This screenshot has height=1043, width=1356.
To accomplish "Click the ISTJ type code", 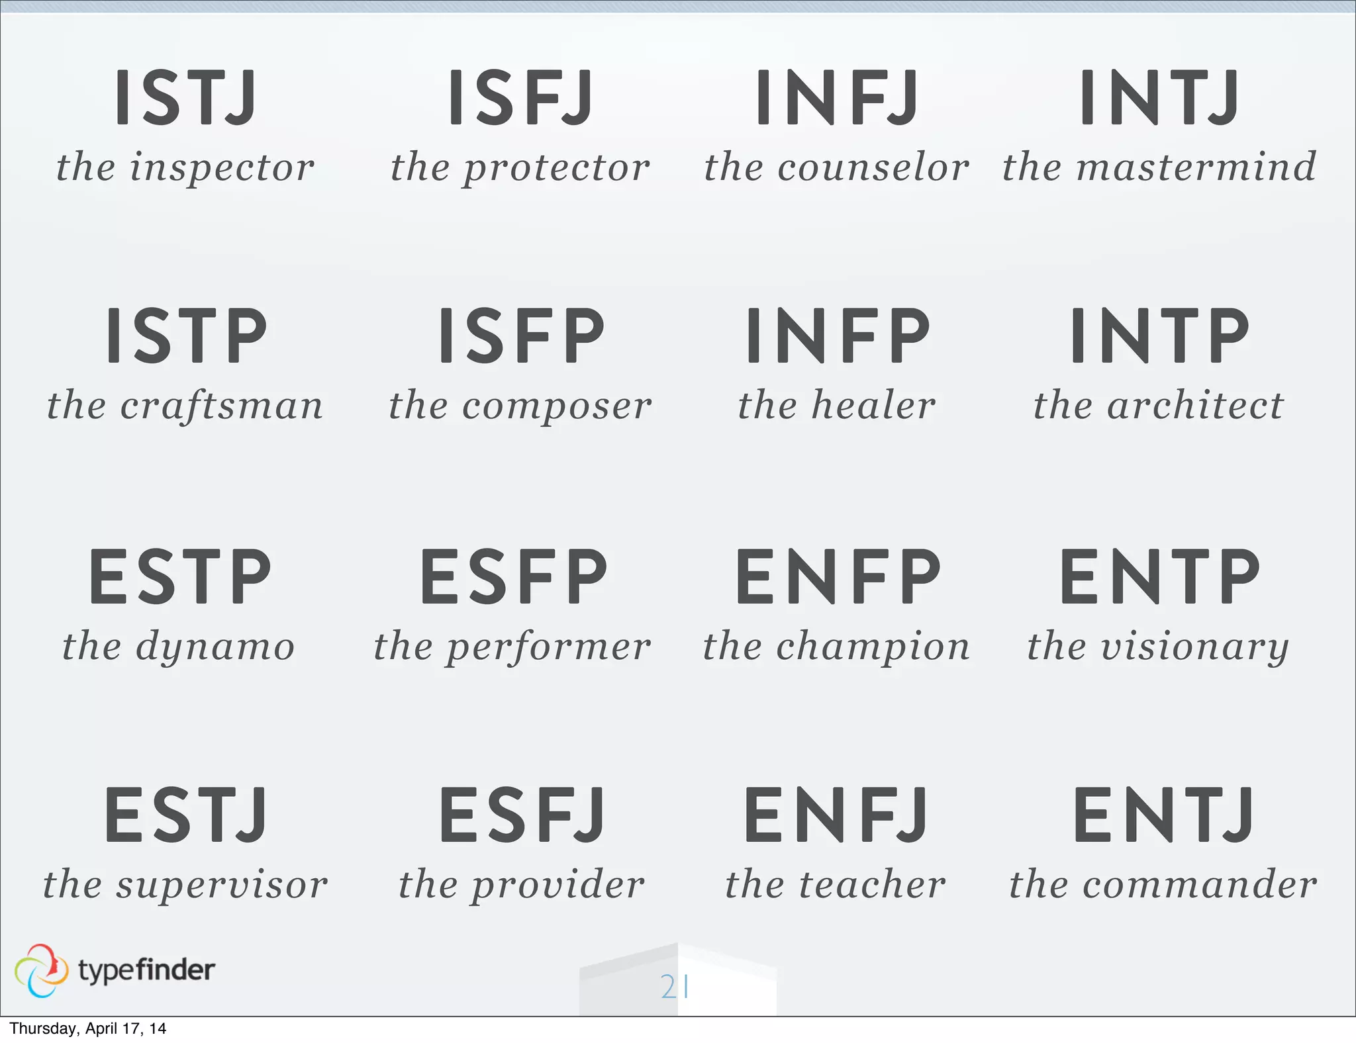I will (185, 97).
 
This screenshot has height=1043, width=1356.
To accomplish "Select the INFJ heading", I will (838, 97).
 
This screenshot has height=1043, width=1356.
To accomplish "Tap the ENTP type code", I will (1160, 576).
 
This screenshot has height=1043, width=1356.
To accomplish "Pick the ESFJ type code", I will (522, 815).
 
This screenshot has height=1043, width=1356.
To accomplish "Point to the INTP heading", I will (1160, 336).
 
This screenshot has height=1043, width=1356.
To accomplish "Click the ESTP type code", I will (180, 576).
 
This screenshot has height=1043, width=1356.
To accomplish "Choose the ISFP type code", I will (522, 336).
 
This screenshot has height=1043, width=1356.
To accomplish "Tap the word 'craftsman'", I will (221, 406).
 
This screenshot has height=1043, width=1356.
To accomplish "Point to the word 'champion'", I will (873, 647).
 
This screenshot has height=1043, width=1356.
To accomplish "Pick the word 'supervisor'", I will (222, 885).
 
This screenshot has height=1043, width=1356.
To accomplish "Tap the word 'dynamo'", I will (215, 647).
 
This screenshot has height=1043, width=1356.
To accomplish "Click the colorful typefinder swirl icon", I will (41, 970).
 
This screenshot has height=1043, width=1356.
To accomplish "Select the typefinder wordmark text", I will (146, 970).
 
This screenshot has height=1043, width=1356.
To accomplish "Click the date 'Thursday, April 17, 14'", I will (87, 1028).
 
